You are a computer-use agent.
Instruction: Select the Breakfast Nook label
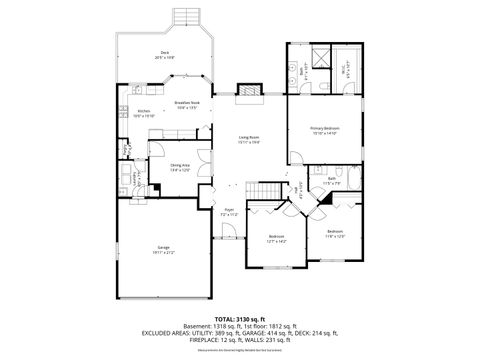coord(189,105)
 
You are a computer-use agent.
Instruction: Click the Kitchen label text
coord(144,113)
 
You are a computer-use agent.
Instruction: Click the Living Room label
coord(249,139)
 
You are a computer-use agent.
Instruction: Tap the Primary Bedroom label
coord(324,129)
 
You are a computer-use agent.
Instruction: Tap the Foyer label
coord(229,211)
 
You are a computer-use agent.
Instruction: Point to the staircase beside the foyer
coord(263,191)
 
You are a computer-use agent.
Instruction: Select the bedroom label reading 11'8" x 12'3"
coord(334,236)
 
